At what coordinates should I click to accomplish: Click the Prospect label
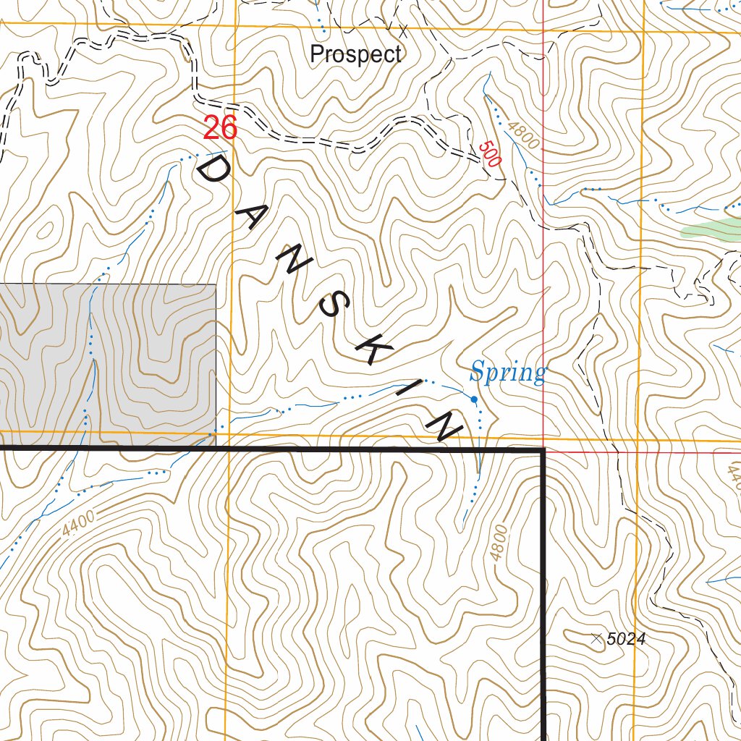click(355, 54)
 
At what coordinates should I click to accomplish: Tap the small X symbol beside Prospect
click(404, 30)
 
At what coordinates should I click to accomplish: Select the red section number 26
click(220, 128)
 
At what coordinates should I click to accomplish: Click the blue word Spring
click(507, 373)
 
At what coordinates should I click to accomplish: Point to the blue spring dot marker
click(474, 399)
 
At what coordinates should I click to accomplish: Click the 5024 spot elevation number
click(626, 639)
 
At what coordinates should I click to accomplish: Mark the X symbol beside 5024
click(596, 638)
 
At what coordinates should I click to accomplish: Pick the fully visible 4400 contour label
click(78, 523)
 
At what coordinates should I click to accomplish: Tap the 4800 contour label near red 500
click(523, 135)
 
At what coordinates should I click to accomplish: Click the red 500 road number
click(490, 154)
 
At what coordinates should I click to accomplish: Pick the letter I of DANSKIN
click(410, 391)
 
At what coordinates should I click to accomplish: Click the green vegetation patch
click(713, 230)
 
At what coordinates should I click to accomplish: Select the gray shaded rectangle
click(109, 362)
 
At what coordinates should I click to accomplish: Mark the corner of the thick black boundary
click(543, 451)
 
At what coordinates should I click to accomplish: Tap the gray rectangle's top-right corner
click(216, 284)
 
